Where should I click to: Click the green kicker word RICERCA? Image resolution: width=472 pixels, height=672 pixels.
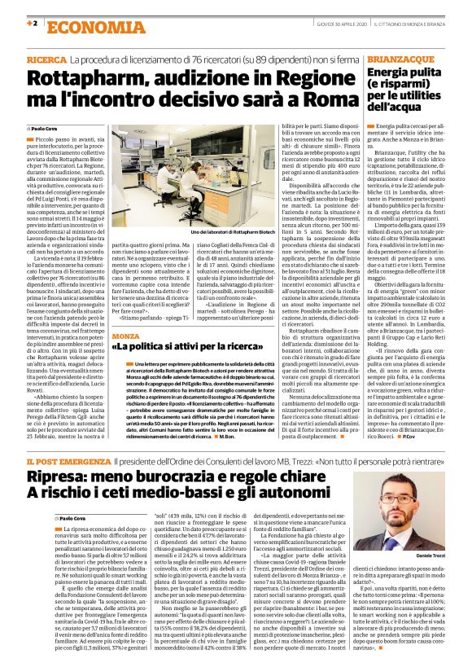[47, 60]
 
